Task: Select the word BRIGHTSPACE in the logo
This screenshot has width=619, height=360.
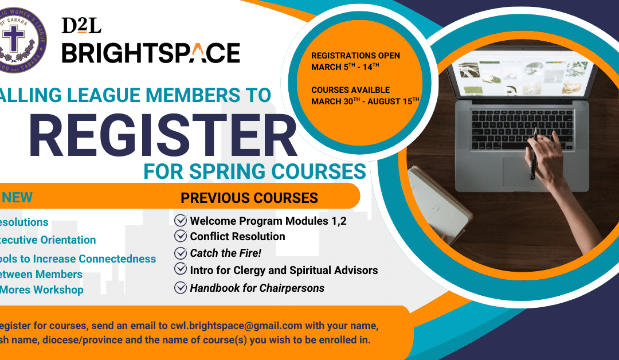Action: pos(151,53)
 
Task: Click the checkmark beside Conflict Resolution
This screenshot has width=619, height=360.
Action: pos(181,236)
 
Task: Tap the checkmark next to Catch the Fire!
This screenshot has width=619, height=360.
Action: pos(181,253)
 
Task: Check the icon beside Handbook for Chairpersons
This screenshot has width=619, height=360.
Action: pos(181,288)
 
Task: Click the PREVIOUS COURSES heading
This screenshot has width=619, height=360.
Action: pos(249,198)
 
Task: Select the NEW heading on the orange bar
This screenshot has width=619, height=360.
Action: pos(17,198)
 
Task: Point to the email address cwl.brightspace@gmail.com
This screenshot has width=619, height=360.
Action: pos(236,326)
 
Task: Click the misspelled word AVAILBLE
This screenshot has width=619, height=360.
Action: pos(369,90)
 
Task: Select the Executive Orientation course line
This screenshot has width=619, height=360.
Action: pos(48,240)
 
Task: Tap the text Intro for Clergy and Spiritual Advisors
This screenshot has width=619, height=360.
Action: pos(284,270)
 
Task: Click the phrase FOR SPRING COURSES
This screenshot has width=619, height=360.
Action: pos(254,171)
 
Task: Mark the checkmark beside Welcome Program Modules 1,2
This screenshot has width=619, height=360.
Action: pos(181,220)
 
